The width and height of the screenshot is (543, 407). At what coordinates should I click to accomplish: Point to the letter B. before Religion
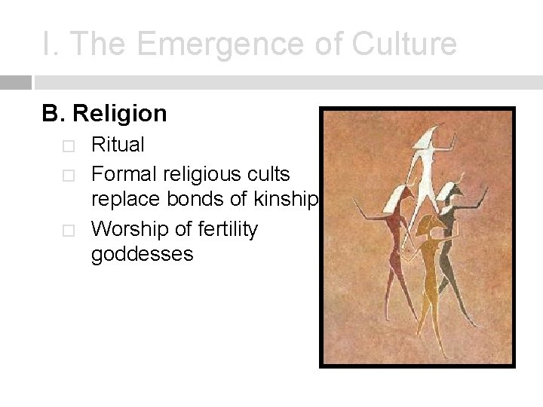[x=54, y=114]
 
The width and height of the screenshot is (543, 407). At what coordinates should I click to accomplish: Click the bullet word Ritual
[x=118, y=145]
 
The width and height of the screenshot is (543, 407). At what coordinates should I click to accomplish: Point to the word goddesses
[x=142, y=255]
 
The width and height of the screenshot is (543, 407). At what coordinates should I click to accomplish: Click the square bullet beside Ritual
[x=69, y=145]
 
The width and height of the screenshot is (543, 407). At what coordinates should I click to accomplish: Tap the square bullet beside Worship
[x=69, y=229]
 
